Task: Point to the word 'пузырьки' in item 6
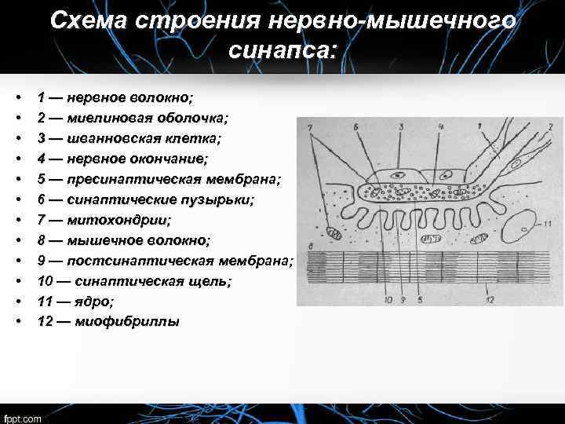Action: pos(217,199)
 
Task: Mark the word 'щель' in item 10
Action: pos(239,281)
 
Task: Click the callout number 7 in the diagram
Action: pos(309,126)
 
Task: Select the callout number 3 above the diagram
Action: pos(401,126)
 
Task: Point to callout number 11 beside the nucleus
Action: pos(547,224)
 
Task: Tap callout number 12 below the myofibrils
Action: pos(490,299)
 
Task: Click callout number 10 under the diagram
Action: pos(388,299)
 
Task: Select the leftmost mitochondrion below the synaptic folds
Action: pos(334,232)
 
